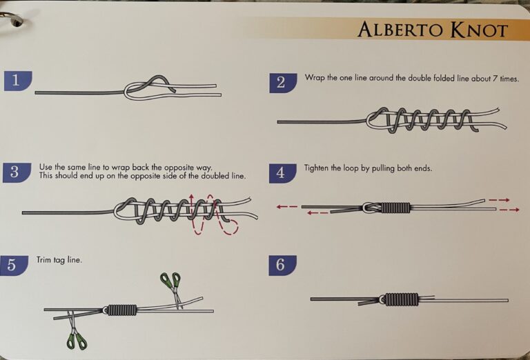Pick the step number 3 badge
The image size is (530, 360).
pos(17,172)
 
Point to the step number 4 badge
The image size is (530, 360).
pos(282,172)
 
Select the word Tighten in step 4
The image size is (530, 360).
pos(318,168)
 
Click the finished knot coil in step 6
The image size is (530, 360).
pos(401,299)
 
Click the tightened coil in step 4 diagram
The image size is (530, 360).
pos(395,208)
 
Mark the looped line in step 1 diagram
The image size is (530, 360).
pos(149,86)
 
